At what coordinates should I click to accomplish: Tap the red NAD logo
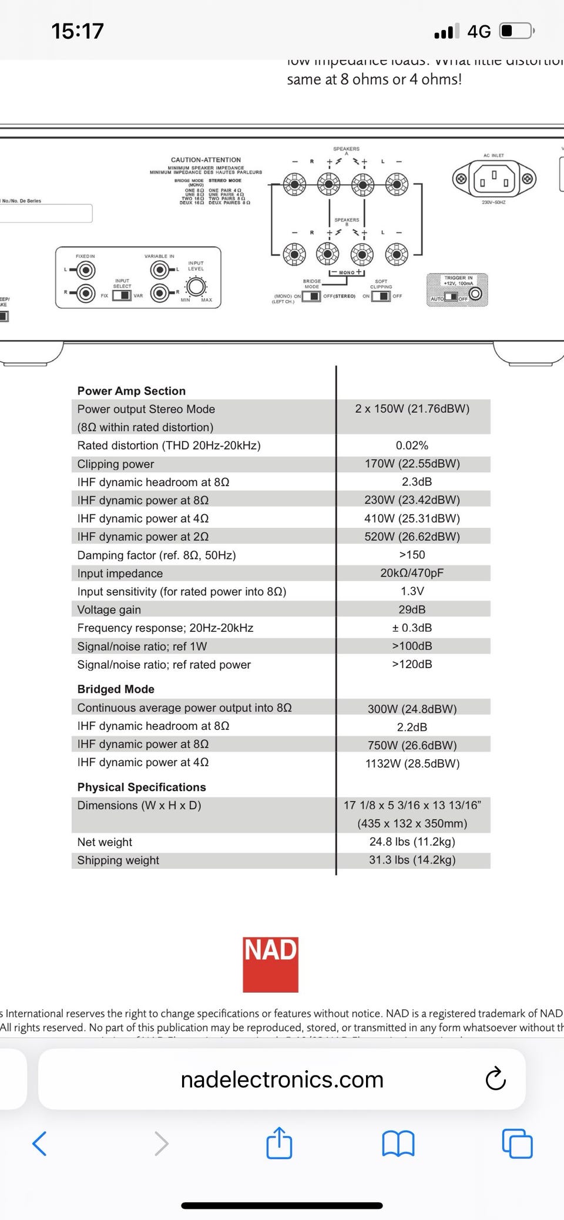tap(271, 964)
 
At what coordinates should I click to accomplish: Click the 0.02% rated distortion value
tap(412, 446)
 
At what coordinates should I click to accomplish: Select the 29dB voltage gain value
tap(412, 609)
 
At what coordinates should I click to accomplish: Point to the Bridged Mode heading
tap(116, 689)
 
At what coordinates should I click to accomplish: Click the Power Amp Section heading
tap(131, 391)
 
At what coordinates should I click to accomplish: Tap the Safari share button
tap(279, 1143)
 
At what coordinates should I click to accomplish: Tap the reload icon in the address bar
tap(495, 1079)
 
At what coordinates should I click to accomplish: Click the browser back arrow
tap(39, 1144)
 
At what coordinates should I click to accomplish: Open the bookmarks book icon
tap(398, 1144)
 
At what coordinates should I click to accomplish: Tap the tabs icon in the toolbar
tap(517, 1144)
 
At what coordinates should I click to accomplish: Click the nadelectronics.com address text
tap(282, 1079)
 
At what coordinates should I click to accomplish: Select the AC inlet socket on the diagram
tap(494, 178)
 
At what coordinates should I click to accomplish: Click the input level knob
tap(196, 287)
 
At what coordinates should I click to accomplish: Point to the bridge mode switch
tap(311, 296)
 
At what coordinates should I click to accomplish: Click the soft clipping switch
tap(381, 296)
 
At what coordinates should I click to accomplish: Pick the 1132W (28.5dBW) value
tap(412, 763)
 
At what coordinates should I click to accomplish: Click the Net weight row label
tap(105, 842)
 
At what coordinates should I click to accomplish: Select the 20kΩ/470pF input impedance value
tap(412, 573)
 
